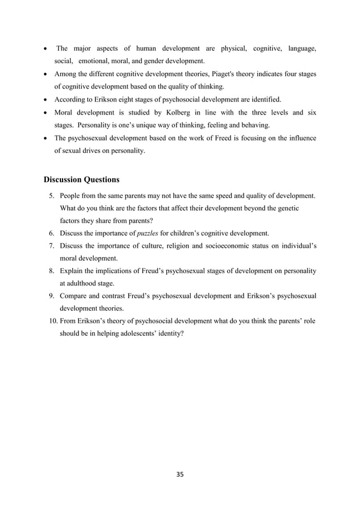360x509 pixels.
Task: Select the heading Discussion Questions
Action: (81, 180)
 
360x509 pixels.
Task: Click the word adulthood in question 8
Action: (82, 283)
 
